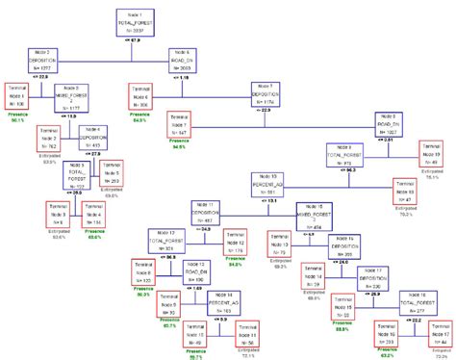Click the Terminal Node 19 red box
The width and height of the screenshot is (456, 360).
429,157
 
